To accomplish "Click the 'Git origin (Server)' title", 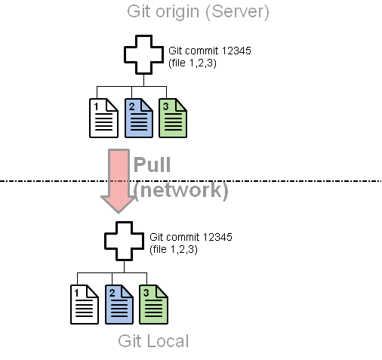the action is coord(198,12).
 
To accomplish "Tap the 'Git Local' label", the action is coord(153,341).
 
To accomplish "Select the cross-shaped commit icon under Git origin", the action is coord(143,55).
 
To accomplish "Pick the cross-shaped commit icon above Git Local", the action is coord(125,241).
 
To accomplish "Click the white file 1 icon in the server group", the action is coord(103,118).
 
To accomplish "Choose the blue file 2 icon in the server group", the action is coord(139,118).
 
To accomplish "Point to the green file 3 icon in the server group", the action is coord(173,118).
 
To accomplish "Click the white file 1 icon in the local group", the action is coord(85,304).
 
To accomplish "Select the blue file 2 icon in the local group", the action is coord(119,304).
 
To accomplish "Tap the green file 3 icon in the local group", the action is coord(153,304).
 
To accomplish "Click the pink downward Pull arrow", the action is coord(119,181).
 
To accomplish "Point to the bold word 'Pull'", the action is coord(152,165).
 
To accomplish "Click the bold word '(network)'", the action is coord(180,190).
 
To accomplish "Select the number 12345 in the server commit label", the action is coord(237,51).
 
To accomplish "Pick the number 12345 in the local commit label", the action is coord(217,237).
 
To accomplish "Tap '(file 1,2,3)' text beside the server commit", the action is coord(193,63).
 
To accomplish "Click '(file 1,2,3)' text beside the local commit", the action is coord(174,249).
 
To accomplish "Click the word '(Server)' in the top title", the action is coord(238,12).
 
